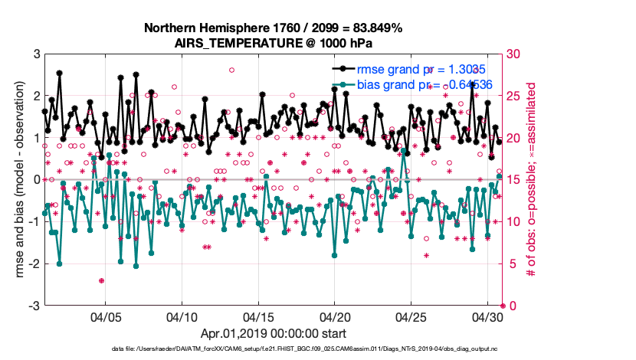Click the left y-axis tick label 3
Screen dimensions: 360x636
click(36, 54)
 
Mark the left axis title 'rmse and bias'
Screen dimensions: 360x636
click(13, 180)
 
